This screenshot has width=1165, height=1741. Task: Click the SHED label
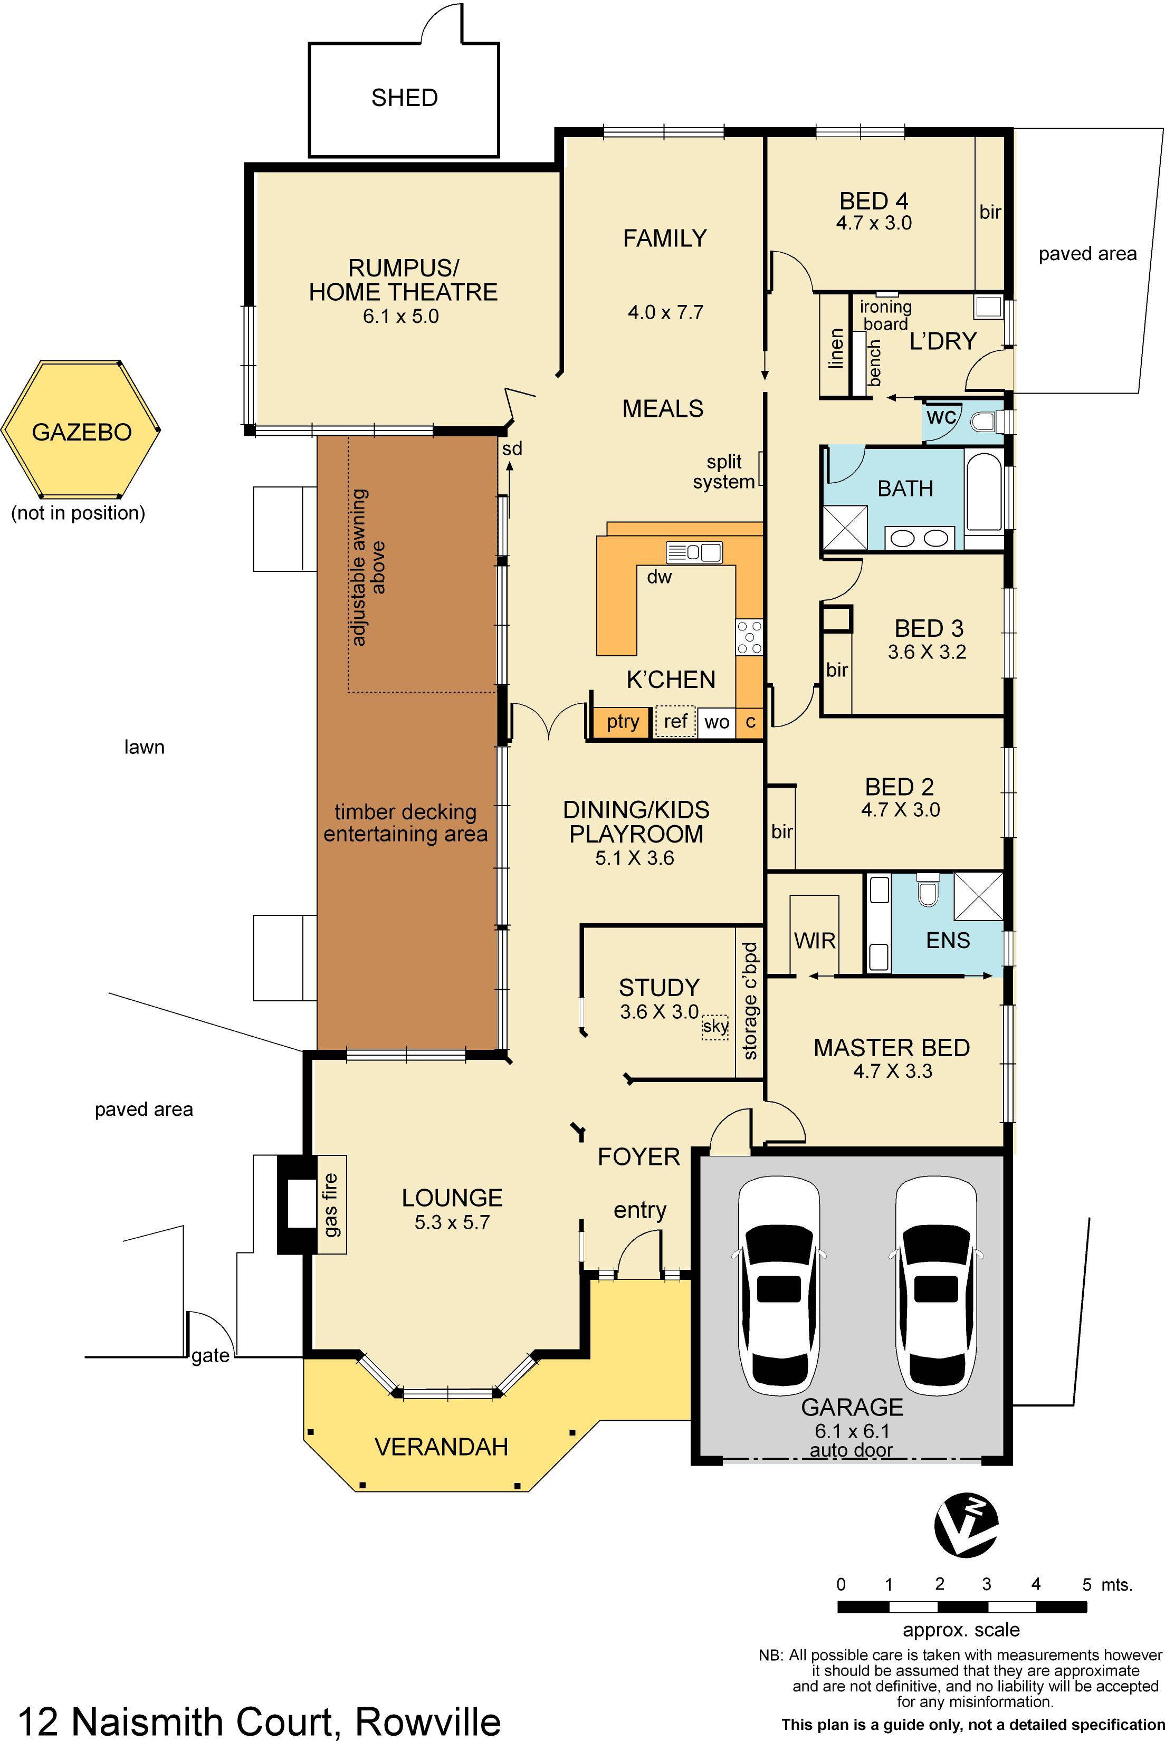pos(404,97)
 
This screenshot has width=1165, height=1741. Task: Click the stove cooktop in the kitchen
pos(749,637)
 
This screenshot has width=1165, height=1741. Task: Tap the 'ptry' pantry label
pos(623,721)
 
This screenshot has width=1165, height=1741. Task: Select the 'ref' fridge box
pos(675,721)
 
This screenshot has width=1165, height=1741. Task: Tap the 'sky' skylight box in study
pos(715,1027)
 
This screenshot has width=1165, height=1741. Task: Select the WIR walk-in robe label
pos(814,940)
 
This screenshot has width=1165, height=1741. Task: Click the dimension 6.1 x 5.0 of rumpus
pos(400,317)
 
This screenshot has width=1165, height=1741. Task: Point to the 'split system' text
pos(724,472)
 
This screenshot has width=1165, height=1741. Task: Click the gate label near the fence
pos(211,1355)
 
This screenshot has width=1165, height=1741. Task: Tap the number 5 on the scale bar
pos(1085,1585)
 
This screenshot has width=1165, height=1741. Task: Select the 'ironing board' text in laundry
pos(886,315)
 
